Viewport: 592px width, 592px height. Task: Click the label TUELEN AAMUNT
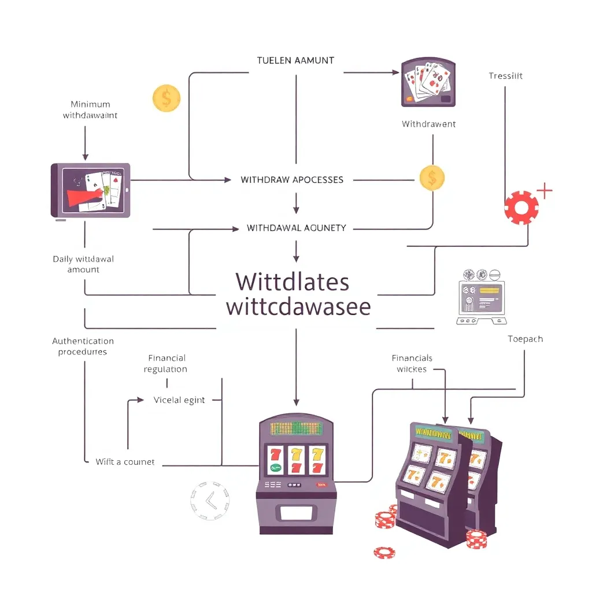pos(295,60)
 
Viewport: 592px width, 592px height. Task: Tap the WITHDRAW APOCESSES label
pos(292,180)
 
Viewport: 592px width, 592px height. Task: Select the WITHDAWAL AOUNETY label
pos(296,228)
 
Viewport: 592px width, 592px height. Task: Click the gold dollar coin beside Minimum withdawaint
pos(166,98)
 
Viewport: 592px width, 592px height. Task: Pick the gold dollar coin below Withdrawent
pos(432,178)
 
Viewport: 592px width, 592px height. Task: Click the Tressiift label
pos(505,76)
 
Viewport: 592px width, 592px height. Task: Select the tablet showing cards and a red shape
pos(91,190)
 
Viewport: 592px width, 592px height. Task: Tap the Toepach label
pos(525,339)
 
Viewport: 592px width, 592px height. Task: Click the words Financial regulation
pos(167,364)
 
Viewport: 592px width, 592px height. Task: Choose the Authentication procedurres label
pos(83,346)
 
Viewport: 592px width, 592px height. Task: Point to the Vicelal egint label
pos(179,399)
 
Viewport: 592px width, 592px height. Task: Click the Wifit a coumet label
pos(125,462)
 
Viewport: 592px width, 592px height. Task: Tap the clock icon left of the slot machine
pos(209,499)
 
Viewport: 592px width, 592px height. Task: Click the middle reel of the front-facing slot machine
pos(297,460)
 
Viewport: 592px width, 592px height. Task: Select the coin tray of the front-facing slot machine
pos(296,513)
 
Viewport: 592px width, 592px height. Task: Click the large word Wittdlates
pos(293,282)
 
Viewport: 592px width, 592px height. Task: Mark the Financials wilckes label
pos(412,364)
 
